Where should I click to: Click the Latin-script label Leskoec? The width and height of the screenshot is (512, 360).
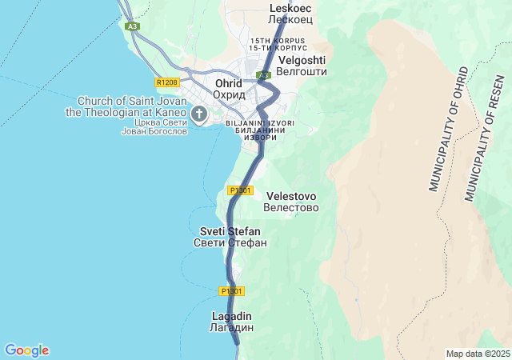290,7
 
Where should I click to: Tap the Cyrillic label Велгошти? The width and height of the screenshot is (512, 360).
301,71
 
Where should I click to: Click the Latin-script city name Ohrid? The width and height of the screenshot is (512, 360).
228,83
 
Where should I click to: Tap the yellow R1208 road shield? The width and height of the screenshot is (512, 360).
167,82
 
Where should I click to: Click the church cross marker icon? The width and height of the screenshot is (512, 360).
198,114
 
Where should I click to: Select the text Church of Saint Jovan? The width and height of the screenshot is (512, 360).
131,101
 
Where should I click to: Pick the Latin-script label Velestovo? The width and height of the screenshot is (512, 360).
290,196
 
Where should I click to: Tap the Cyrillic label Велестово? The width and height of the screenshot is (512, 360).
290,207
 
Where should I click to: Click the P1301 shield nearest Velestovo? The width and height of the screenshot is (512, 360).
240,190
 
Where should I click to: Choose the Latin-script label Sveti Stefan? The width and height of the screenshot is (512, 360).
230,231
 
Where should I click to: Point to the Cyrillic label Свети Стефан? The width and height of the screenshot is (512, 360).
230,242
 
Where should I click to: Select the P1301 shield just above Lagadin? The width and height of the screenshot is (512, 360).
231,290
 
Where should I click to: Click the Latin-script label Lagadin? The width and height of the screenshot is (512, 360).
232,316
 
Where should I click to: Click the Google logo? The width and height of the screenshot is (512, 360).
26,350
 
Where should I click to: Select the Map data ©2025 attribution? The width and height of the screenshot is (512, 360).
477,354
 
